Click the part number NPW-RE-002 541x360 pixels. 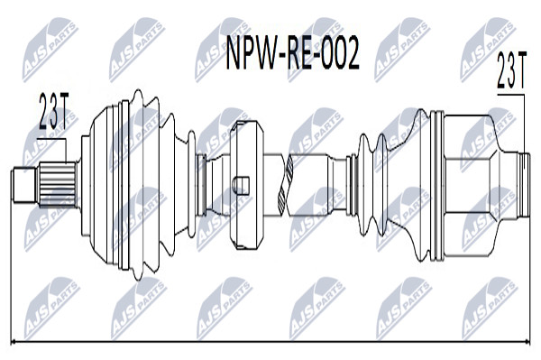(292, 54)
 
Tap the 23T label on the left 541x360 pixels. (54, 111)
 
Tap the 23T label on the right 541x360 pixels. (511, 70)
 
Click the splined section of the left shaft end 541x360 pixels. (58, 184)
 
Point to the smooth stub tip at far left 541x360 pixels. (24, 185)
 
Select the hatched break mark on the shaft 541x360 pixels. (287, 184)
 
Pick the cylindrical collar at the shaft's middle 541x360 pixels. (247, 185)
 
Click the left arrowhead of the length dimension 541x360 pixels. (14, 342)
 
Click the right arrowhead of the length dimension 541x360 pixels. (527, 342)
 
